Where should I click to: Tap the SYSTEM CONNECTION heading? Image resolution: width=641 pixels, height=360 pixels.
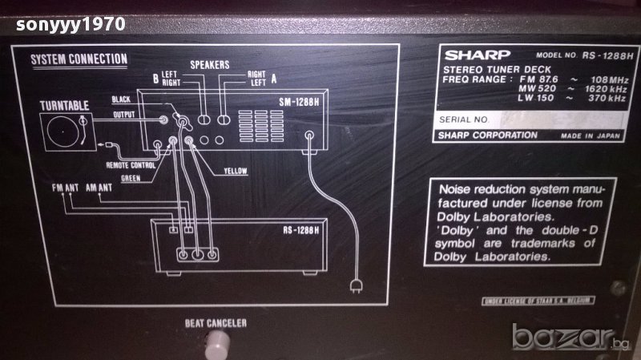(x=79, y=59)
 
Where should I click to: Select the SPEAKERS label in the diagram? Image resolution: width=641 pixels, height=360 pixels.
(x=210, y=64)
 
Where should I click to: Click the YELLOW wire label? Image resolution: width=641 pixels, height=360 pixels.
(x=236, y=170)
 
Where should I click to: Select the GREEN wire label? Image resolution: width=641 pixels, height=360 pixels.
(x=134, y=178)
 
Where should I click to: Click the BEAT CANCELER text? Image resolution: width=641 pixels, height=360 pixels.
(x=214, y=324)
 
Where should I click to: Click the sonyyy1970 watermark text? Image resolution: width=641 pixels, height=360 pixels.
(x=63, y=23)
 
